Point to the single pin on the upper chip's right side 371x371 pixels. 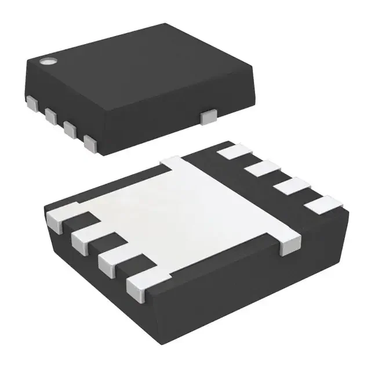click(x=206, y=117)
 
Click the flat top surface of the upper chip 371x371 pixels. click(x=139, y=64)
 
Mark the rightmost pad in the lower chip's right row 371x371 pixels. click(x=322, y=204)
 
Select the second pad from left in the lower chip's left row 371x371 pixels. click(x=85, y=237)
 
